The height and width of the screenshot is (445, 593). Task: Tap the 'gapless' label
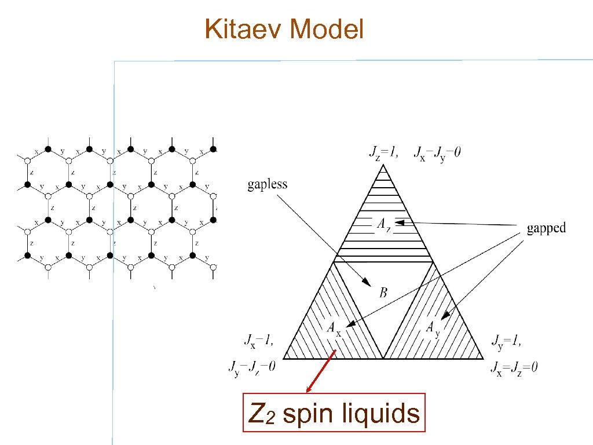click(268, 185)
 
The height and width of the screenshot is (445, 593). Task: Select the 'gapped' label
click(546, 228)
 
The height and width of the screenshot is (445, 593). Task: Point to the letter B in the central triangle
click(383, 293)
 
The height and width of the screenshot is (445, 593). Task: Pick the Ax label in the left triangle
click(334, 329)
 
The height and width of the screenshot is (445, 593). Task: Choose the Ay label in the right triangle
click(434, 328)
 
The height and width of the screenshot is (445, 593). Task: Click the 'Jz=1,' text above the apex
click(383, 152)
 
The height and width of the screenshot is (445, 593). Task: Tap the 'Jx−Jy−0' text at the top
click(437, 153)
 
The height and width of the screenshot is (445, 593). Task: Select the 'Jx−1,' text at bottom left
click(255, 340)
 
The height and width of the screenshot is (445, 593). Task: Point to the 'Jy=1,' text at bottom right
click(506, 340)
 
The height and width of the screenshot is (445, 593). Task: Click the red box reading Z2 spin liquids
click(334, 413)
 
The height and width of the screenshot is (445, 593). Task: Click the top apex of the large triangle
click(383, 165)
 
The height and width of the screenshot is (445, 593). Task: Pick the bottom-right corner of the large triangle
click(483, 359)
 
